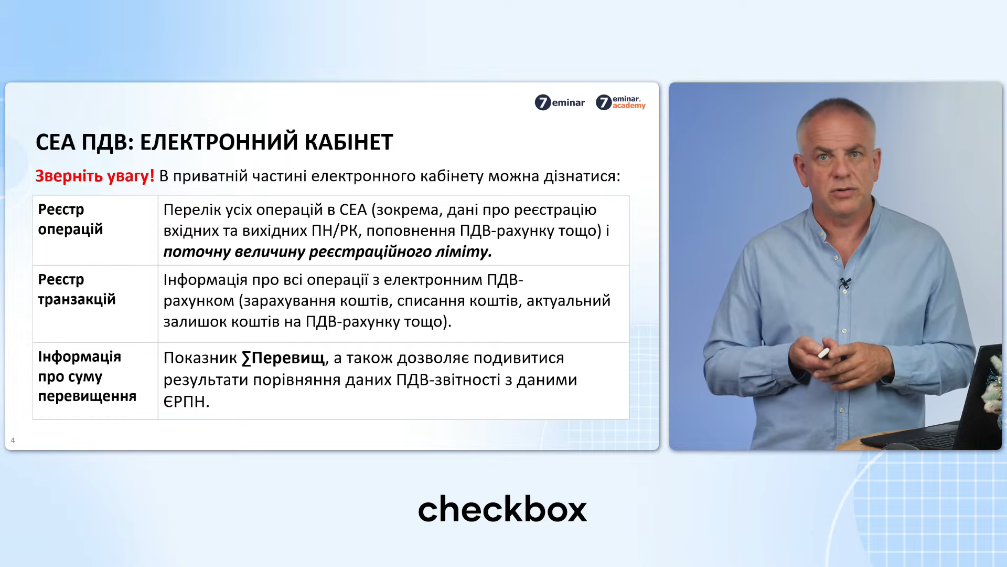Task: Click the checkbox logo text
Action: pos(502,509)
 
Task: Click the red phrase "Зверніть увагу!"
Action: pos(95,176)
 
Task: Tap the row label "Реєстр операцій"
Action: pos(70,219)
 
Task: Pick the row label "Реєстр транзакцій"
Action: pos(77,289)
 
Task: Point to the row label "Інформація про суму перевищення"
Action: pos(87,376)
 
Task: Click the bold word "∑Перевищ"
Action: pos(283,358)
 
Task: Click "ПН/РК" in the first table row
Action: pos(335,231)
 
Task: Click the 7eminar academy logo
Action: pos(620,102)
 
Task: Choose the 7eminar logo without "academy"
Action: pos(560,102)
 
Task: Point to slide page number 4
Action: pos(13,440)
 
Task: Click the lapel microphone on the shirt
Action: pos(844,283)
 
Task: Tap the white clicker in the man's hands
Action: pos(823,353)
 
